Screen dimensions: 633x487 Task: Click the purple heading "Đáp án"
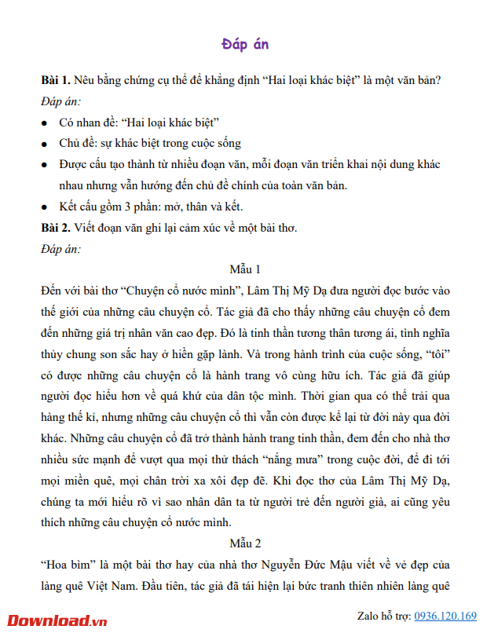click(245, 44)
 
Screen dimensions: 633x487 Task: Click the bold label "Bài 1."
click(56, 82)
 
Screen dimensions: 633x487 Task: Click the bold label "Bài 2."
click(56, 229)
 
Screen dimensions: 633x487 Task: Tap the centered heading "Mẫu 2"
click(245, 543)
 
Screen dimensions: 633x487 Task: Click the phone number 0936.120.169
click(445, 616)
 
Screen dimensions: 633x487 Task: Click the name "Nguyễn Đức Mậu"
click(347, 565)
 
